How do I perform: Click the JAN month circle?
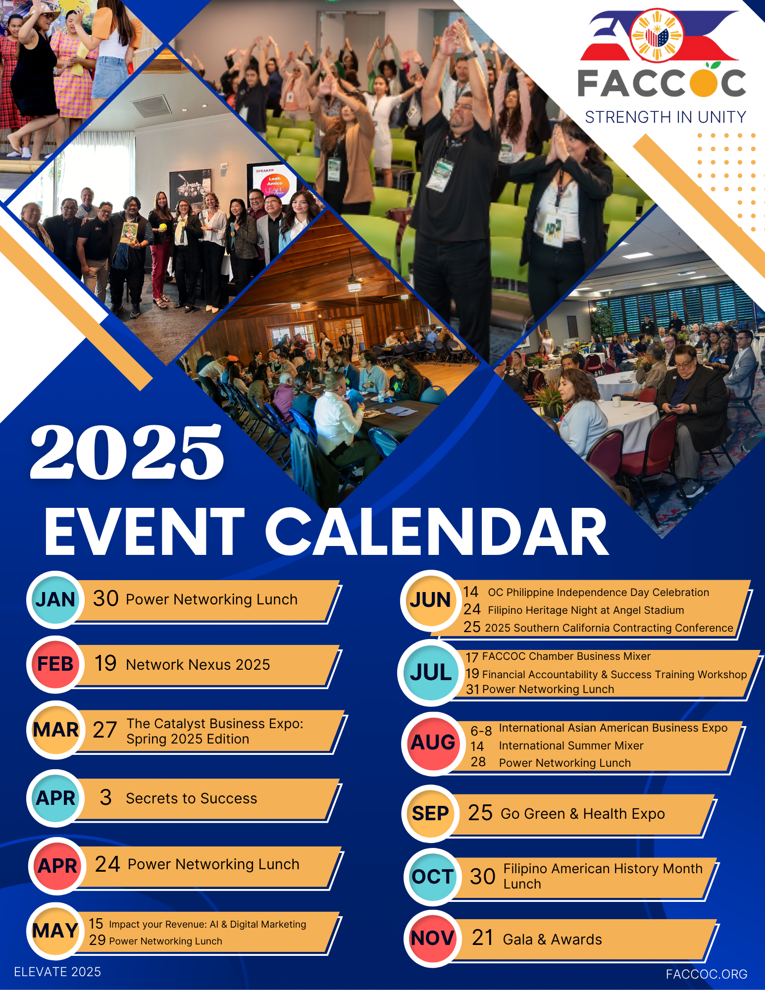coord(55,599)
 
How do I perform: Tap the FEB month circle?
coord(55,664)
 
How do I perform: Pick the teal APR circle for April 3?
coord(55,798)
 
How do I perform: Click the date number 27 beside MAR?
coord(105,730)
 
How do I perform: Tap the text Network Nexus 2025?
coord(198,665)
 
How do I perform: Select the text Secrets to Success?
coord(192,798)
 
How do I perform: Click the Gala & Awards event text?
coord(553,940)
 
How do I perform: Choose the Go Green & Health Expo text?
coord(583,814)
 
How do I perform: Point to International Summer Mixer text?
coord(571,745)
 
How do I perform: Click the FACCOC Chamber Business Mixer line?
coord(566,656)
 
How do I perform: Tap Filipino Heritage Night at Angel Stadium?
coord(586,610)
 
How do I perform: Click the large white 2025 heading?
coord(127,452)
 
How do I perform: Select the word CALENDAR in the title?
coord(437,532)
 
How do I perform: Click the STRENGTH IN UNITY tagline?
coord(666,117)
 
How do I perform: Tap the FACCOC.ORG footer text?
coord(707,974)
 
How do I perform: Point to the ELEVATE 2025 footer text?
coord(57,972)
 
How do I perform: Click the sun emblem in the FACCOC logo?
coord(657,36)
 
